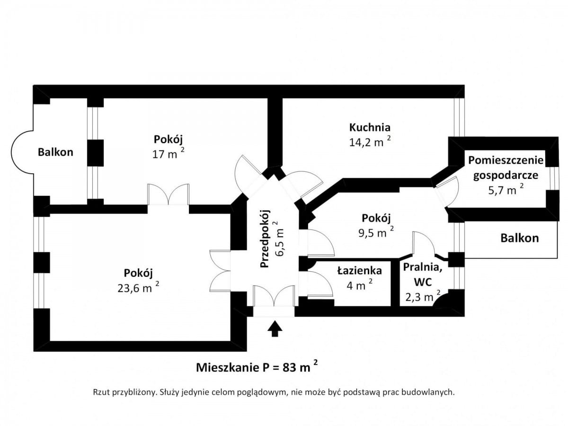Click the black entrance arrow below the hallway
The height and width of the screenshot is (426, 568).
click(x=275, y=328)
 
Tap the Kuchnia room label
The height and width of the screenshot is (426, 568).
click(x=370, y=127)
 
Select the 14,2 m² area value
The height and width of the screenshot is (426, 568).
click(x=370, y=142)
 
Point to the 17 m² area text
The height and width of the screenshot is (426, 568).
click(x=169, y=154)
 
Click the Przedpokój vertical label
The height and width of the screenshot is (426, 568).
click(x=265, y=239)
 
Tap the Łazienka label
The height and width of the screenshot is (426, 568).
click(x=359, y=271)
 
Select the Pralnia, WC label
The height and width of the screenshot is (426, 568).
click(x=423, y=274)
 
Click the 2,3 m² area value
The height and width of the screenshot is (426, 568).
click(x=423, y=297)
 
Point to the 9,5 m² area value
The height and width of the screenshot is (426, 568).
click(x=376, y=232)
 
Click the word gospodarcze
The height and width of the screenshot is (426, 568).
click(x=506, y=176)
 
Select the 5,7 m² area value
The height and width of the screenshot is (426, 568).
click(x=506, y=189)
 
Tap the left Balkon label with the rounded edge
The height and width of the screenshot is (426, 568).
click(x=55, y=152)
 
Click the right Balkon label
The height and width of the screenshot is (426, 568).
click(x=520, y=238)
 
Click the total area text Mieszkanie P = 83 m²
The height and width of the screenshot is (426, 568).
click(x=257, y=367)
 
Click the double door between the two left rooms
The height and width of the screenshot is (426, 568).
click(x=168, y=195)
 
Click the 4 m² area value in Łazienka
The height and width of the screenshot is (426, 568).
click(x=359, y=284)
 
